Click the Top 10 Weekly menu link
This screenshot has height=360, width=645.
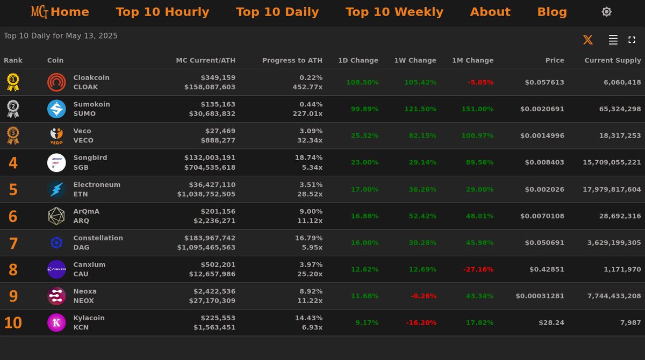click(394, 12)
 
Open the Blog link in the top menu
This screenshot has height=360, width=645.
click(552, 12)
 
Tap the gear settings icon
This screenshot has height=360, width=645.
click(606, 12)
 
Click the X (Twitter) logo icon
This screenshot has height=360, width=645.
click(588, 40)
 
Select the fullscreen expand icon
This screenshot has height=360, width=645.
click(632, 40)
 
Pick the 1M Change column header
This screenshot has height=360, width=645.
click(472, 60)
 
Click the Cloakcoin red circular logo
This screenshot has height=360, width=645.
click(56, 82)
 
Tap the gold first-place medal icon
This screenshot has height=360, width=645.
click(13, 82)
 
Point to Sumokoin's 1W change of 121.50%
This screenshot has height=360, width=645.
click(420, 109)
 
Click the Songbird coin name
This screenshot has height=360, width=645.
click(90, 158)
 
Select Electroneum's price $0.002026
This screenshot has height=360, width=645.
click(544, 189)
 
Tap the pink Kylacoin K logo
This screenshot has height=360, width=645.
click(56, 322)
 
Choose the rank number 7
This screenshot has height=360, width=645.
click(13, 243)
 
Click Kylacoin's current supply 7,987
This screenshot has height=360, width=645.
click(630, 322)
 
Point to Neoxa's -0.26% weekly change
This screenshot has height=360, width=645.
click(424, 296)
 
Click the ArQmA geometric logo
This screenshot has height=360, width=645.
click(56, 216)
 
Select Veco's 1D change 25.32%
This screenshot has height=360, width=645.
click(364, 136)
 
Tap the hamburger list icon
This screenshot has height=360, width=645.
click(613, 40)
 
